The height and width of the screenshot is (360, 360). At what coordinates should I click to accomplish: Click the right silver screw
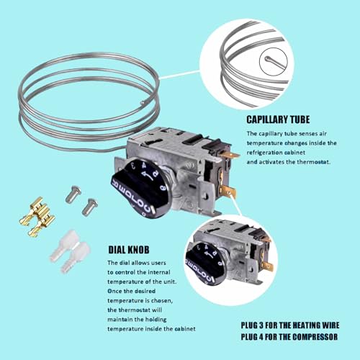pos(90,206)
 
